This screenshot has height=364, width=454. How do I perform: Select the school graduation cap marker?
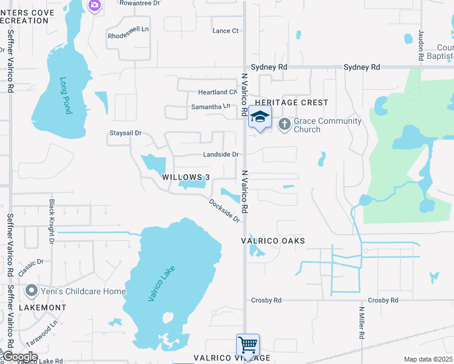(260, 117)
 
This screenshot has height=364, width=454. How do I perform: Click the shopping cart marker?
(248, 345)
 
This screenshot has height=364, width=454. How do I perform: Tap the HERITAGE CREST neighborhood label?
(295, 103)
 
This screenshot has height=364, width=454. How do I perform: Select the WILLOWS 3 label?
(186, 177)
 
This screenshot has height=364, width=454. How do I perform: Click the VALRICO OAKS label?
(273, 241)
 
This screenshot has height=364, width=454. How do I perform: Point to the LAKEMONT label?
(42, 308)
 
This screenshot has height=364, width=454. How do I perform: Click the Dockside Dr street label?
(225, 211)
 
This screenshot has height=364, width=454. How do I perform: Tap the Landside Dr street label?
(221, 155)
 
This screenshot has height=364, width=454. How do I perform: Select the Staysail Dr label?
(125, 133)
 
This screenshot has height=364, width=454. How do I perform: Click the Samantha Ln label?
(211, 107)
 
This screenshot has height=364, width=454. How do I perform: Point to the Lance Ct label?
(225, 31)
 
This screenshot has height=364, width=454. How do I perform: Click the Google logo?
(20, 357)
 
